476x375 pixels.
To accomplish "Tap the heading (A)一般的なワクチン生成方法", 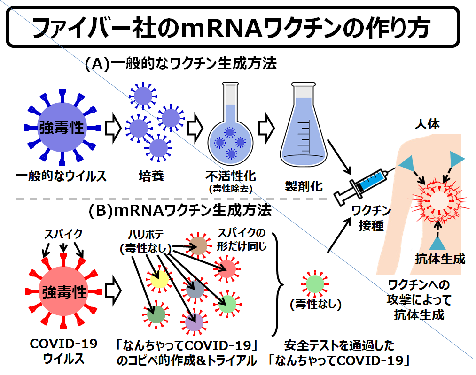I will point(181,63).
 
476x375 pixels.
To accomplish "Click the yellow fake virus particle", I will point(160,279).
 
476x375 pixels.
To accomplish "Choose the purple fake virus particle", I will point(194,322).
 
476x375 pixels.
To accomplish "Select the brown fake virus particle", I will point(198,245).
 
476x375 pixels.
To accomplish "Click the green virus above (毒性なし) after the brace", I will point(314,284).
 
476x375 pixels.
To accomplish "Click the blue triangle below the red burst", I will point(438,243).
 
